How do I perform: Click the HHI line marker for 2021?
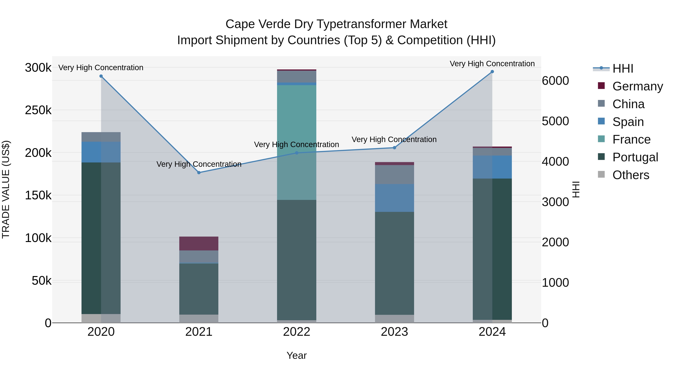coord(199,173)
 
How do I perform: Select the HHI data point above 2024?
coord(492,72)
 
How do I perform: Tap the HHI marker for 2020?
coord(101,76)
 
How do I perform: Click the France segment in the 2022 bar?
coord(296,143)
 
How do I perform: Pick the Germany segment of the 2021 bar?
coord(199,243)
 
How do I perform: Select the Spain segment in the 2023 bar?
coord(394,198)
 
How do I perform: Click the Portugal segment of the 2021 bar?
coord(199,289)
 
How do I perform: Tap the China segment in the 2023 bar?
coord(394,174)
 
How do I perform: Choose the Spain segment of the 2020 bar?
coord(101,152)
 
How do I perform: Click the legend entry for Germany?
coord(637,86)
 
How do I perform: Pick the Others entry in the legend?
coord(631,175)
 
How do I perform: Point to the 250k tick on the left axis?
coord(38,110)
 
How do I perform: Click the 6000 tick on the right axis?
coord(555,81)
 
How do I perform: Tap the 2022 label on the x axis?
coord(296,332)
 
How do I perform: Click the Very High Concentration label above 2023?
coord(394,139)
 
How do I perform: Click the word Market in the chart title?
coord(428,24)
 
